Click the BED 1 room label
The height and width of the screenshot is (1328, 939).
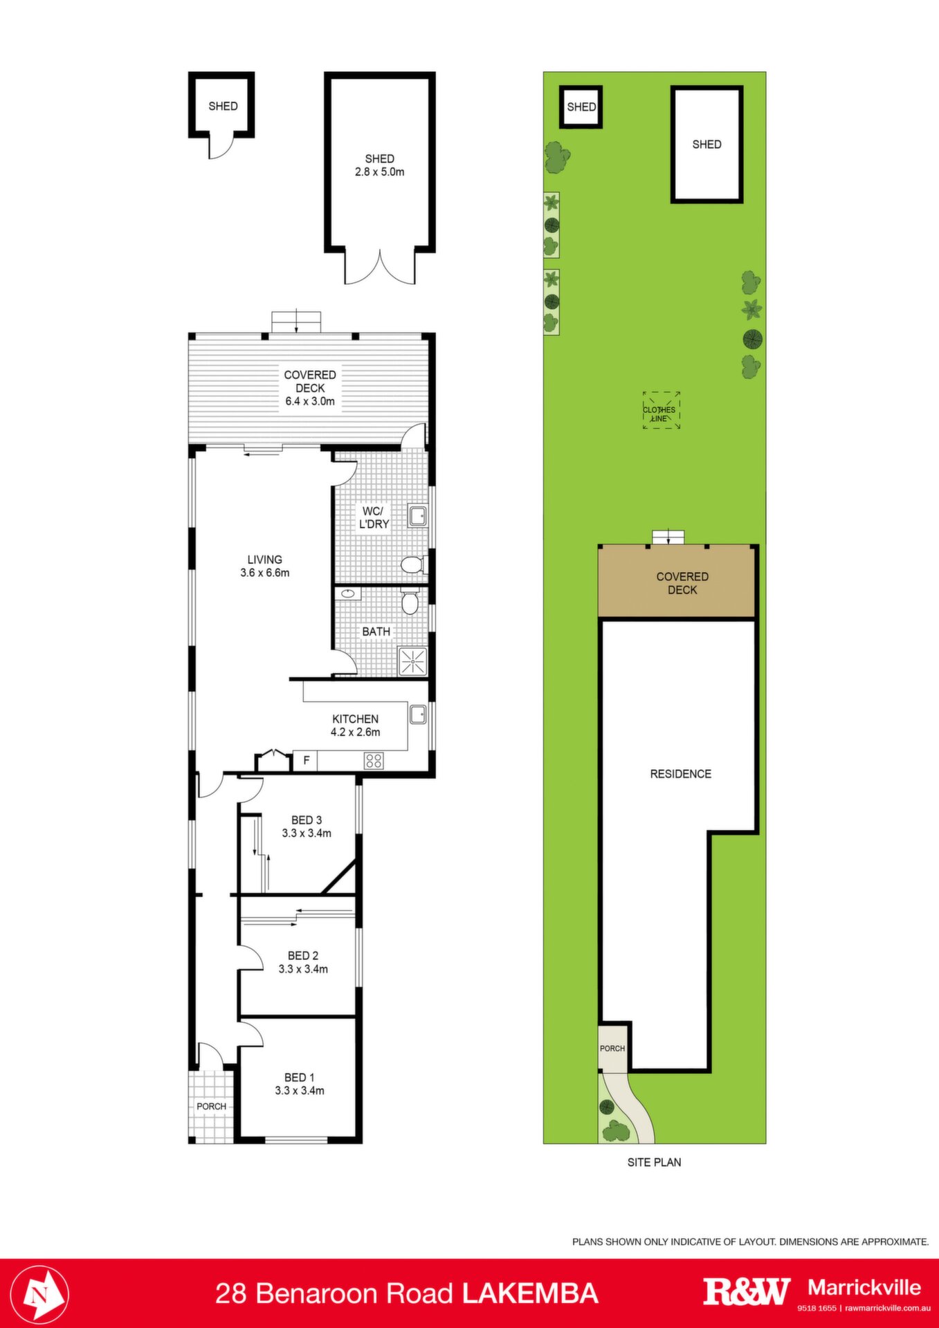click(300, 1084)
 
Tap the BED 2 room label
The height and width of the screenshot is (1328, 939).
click(303, 962)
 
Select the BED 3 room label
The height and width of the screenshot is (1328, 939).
click(307, 827)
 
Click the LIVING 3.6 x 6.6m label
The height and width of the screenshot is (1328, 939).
click(265, 566)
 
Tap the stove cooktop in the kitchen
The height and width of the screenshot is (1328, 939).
click(374, 761)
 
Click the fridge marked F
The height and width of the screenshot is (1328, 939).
click(306, 761)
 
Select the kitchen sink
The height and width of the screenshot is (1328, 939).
click(418, 714)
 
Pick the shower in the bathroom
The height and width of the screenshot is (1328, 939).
click(413, 662)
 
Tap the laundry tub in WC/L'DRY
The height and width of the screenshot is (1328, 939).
click(418, 516)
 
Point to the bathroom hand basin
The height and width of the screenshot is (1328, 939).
click(348, 593)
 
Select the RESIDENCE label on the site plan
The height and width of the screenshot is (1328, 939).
click(681, 774)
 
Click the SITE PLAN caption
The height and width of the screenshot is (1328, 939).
click(654, 1162)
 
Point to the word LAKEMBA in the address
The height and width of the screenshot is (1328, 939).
click(530, 1293)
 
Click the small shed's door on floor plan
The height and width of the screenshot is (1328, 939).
click(219, 147)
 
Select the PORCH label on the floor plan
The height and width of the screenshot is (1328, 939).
click(212, 1106)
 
